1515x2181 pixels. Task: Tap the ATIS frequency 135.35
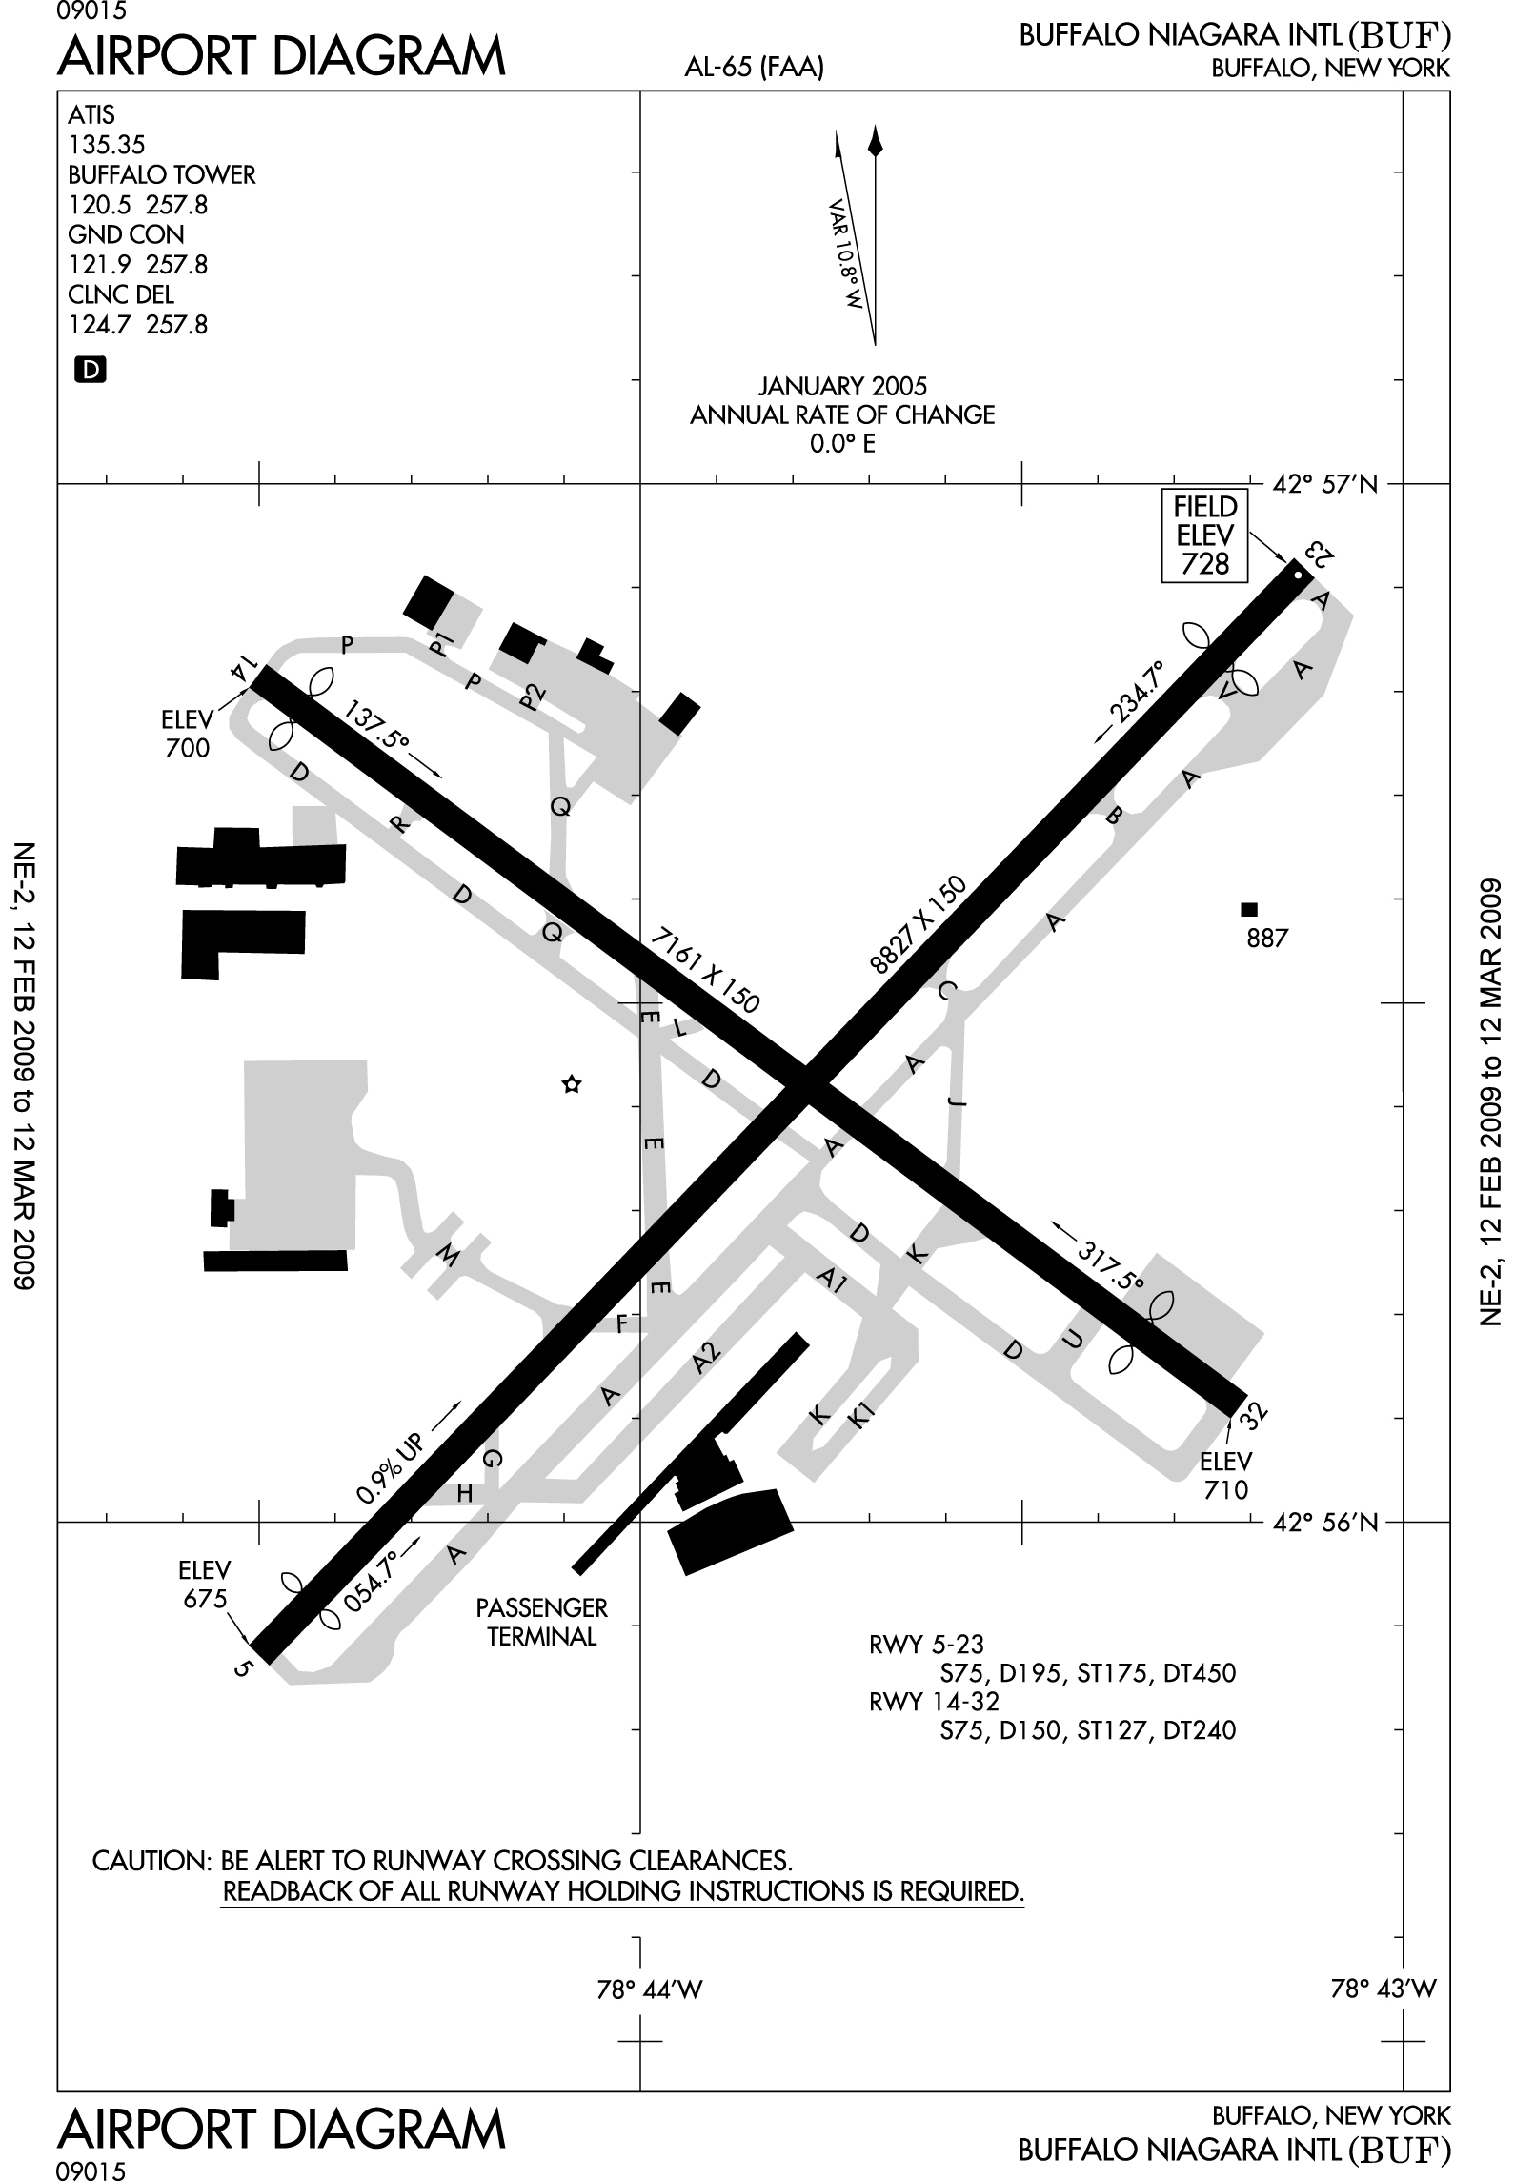[106, 145]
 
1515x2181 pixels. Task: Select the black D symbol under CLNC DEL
[90, 370]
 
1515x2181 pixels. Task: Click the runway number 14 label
[242, 669]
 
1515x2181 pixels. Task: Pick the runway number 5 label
[245, 1668]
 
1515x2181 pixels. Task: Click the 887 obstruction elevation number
[1267, 939]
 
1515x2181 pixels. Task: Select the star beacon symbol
[571, 1084]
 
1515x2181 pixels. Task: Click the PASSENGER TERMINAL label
[542, 1622]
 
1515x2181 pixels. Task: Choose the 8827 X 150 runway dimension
[919, 925]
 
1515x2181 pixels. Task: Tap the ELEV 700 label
[187, 734]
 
